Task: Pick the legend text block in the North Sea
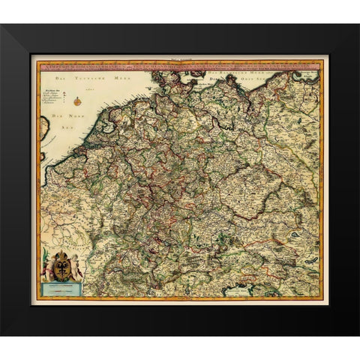(55, 97)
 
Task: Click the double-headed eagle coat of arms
(60, 265)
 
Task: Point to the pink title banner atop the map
(180, 65)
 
